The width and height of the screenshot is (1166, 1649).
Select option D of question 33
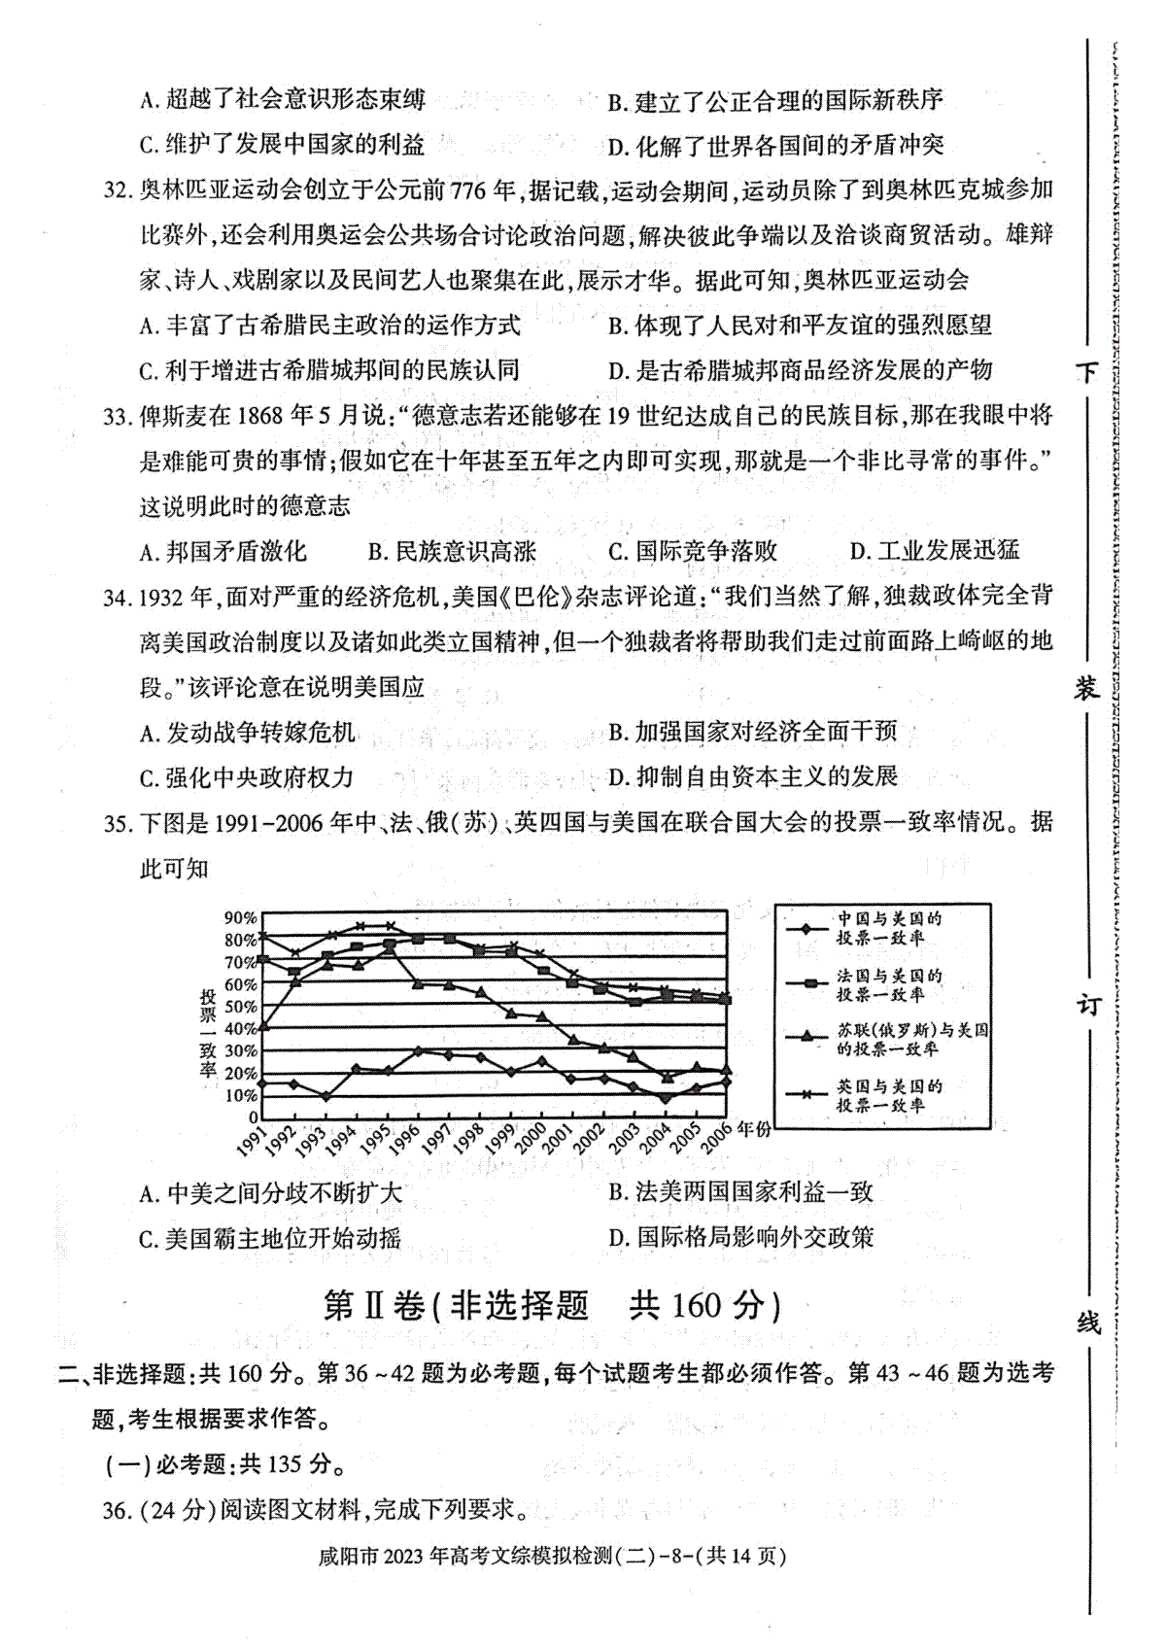coord(935,551)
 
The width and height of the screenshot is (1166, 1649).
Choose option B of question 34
coord(752,732)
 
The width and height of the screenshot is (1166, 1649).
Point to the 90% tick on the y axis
coord(240,918)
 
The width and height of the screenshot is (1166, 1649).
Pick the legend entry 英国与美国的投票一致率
coord(889,1095)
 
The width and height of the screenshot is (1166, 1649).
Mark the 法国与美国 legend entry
coord(889,984)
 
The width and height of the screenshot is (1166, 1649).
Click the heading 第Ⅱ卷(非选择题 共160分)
coord(551,1305)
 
